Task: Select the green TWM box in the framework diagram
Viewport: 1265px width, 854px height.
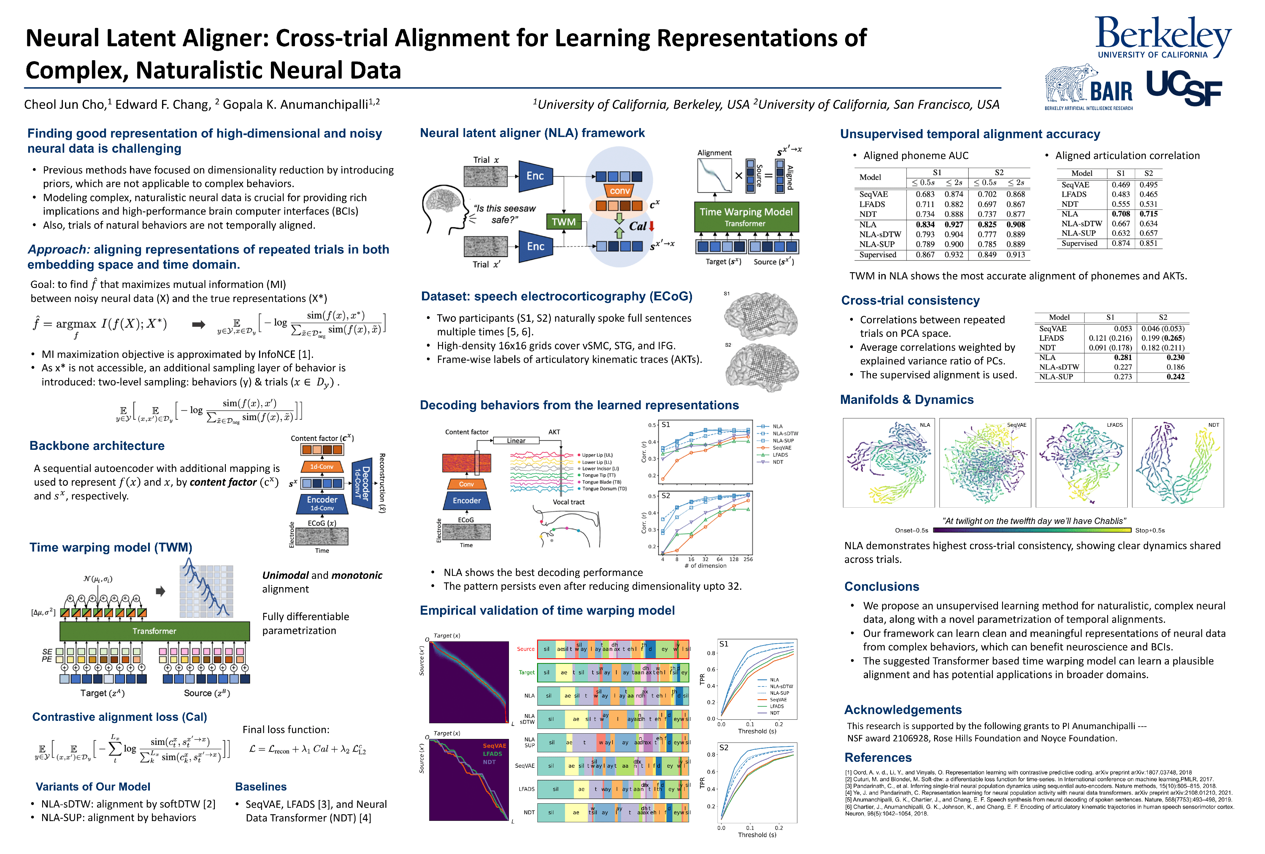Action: [564, 222]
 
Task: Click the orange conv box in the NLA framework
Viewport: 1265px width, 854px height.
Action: [619, 191]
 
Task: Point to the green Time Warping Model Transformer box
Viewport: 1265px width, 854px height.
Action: [746, 216]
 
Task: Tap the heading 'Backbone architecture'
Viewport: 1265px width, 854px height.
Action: [97, 445]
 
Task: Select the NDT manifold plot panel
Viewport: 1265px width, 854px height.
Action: [1177, 462]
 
